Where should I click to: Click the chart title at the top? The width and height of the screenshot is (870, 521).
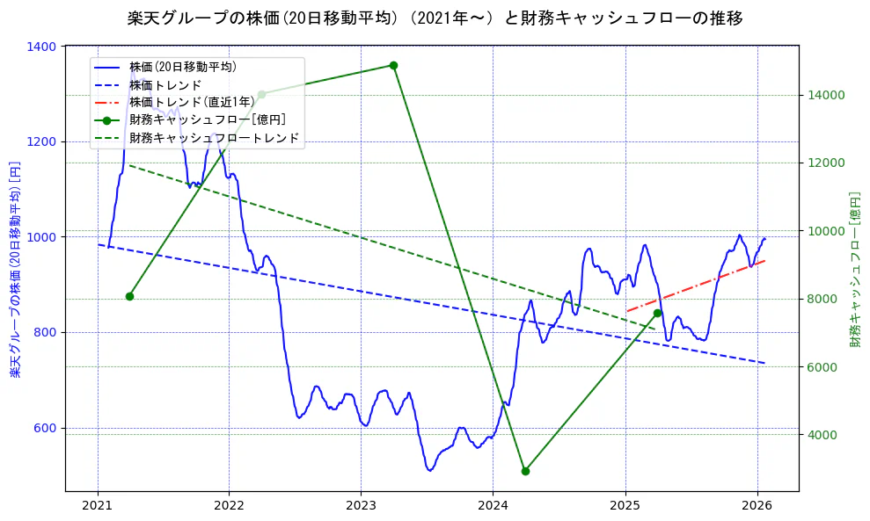click(x=435, y=18)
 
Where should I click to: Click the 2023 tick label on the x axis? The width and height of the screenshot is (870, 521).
click(x=361, y=506)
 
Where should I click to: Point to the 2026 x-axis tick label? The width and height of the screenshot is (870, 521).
click(x=757, y=506)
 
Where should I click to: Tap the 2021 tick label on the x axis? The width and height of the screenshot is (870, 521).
click(x=97, y=506)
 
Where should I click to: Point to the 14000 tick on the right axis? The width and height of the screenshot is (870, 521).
click(x=827, y=95)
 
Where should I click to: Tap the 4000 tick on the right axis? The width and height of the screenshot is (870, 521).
click(x=824, y=434)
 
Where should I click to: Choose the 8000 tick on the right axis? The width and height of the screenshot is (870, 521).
click(x=824, y=299)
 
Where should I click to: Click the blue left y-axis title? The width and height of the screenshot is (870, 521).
click(x=15, y=270)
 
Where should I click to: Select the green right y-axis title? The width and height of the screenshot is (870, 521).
click(x=855, y=270)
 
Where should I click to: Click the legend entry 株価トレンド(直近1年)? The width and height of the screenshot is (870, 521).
click(x=192, y=102)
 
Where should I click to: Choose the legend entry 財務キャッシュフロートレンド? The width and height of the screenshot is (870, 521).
click(x=214, y=138)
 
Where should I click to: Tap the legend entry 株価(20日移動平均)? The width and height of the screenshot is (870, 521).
click(x=182, y=66)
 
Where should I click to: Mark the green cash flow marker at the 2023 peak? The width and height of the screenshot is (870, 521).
click(x=393, y=65)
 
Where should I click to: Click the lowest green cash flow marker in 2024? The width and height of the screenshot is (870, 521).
click(x=525, y=471)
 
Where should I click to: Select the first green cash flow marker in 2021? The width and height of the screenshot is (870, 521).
click(x=129, y=296)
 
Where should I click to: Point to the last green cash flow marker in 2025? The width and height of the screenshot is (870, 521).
click(x=657, y=313)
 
